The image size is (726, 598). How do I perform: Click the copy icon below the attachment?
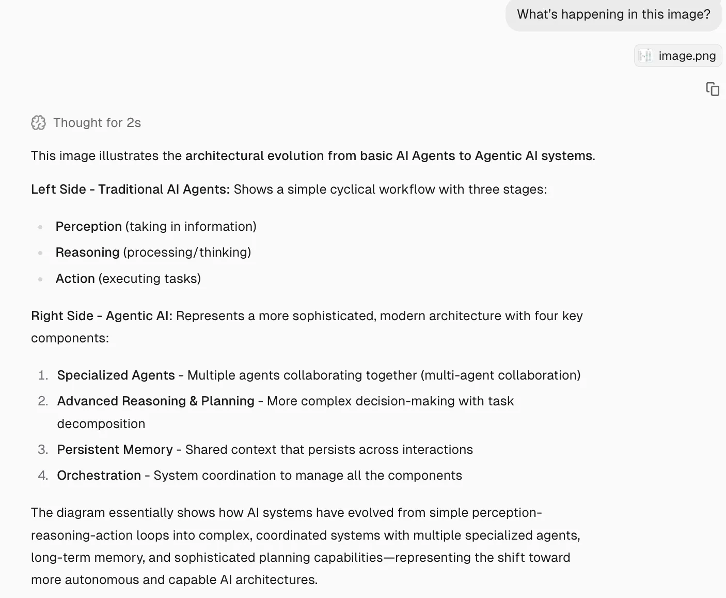point(713,89)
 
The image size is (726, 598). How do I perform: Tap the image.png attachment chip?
point(677,56)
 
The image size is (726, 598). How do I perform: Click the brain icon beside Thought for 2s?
point(39,122)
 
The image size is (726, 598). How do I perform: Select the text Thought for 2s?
point(97,122)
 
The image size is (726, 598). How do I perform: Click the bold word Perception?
point(88,226)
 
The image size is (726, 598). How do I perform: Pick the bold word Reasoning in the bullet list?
point(87,252)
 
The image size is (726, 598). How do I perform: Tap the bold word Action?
point(75,278)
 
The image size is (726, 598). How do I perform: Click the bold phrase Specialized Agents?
point(116,375)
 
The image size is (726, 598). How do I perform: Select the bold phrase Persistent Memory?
point(115,449)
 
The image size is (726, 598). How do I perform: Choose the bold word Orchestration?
point(99,475)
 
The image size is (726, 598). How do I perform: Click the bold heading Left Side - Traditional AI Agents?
point(130,189)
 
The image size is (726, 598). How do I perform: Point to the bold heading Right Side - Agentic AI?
point(101,316)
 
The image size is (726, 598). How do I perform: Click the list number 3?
point(43,449)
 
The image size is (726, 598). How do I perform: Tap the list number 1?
point(43,375)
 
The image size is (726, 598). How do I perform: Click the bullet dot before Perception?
point(40,227)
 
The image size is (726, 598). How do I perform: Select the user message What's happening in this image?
point(613,14)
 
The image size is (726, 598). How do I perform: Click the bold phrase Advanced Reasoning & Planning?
point(155,401)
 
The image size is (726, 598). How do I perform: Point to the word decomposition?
point(101,423)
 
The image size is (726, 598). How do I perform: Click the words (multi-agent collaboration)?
point(500,375)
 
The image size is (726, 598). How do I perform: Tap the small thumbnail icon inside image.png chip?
point(645,56)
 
